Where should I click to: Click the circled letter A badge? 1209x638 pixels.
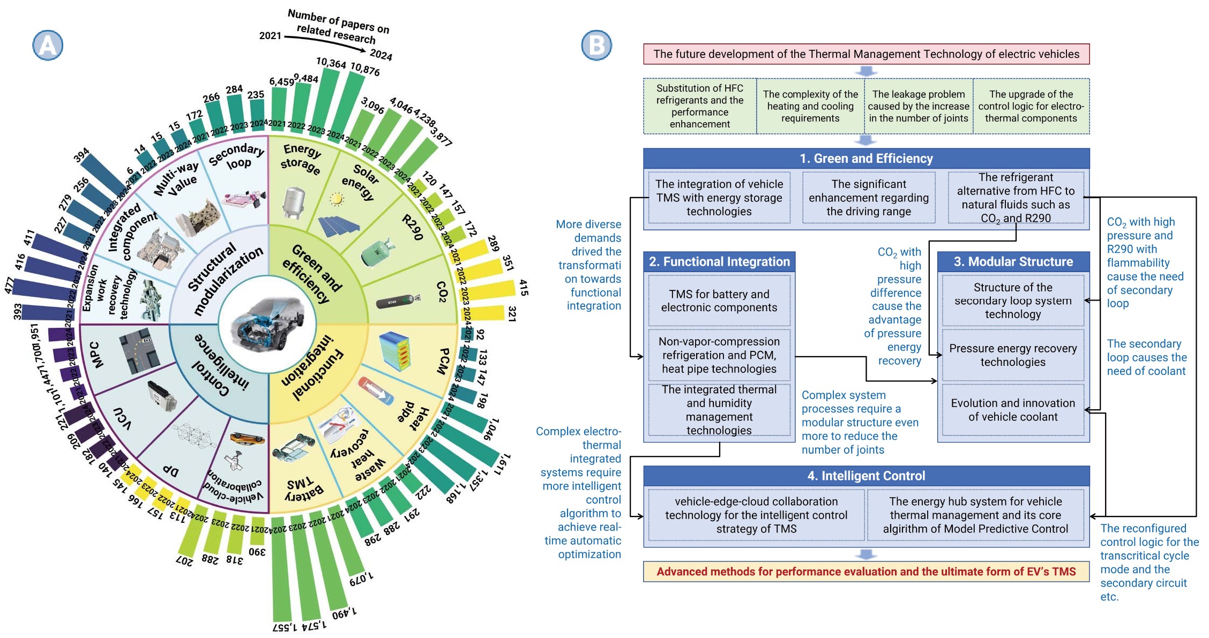click(48, 46)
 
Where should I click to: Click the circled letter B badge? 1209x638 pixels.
click(596, 46)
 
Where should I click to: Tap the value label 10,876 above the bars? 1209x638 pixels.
click(365, 69)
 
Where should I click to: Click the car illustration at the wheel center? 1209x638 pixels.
click(267, 324)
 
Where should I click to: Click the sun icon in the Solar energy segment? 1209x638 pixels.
click(337, 199)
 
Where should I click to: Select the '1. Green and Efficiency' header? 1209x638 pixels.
click(866, 159)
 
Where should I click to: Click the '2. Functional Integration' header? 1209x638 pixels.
click(719, 261)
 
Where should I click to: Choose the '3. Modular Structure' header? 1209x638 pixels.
click(1013, 261)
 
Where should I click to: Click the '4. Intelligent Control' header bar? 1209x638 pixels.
click(866, 476)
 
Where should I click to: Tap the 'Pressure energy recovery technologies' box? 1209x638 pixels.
click(1013, 355)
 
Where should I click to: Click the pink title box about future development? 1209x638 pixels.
click(866, 54)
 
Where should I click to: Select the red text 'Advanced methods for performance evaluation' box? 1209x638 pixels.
click(866, 572)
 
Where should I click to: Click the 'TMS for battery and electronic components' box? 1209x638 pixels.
click(719, 301)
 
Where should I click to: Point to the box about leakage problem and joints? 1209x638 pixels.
click(919, 106)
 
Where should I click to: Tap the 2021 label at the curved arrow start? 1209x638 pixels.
click(270, 36)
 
